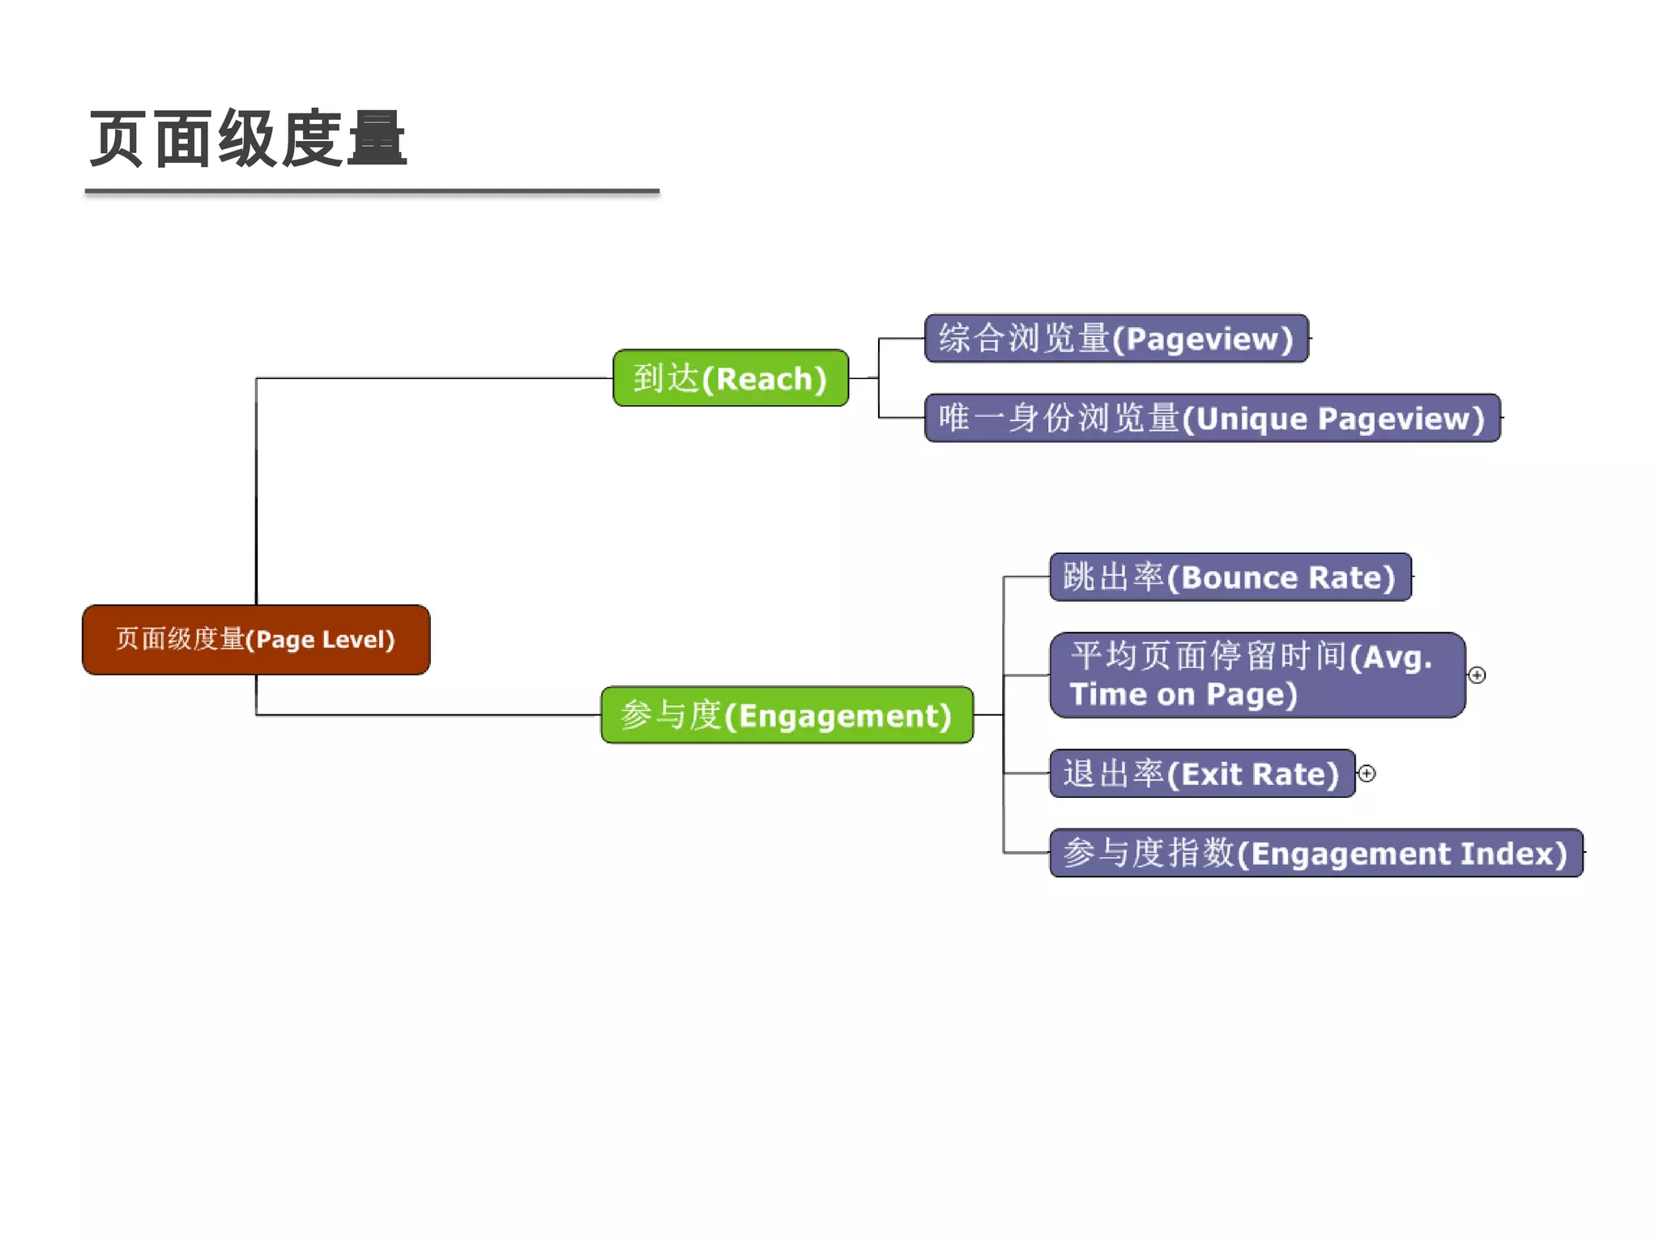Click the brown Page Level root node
coord(256,640)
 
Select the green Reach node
coord(731,378)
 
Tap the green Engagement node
coord(787,715)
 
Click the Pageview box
coord(1116,339)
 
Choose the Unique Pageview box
coord(1212,418)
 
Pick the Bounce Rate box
coord(1230,577)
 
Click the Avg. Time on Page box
coord(1256,675)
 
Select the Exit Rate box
coord(1201,774)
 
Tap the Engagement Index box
coord(1316,853)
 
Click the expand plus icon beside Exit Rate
coord(1367,773)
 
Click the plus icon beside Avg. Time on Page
coord(1477,675)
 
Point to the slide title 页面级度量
coord(248,139)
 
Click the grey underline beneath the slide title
coord(372,191)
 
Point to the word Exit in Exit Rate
coord(1212,775)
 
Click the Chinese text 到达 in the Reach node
coord(666,378)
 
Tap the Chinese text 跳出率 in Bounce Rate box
coord(1113,577)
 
